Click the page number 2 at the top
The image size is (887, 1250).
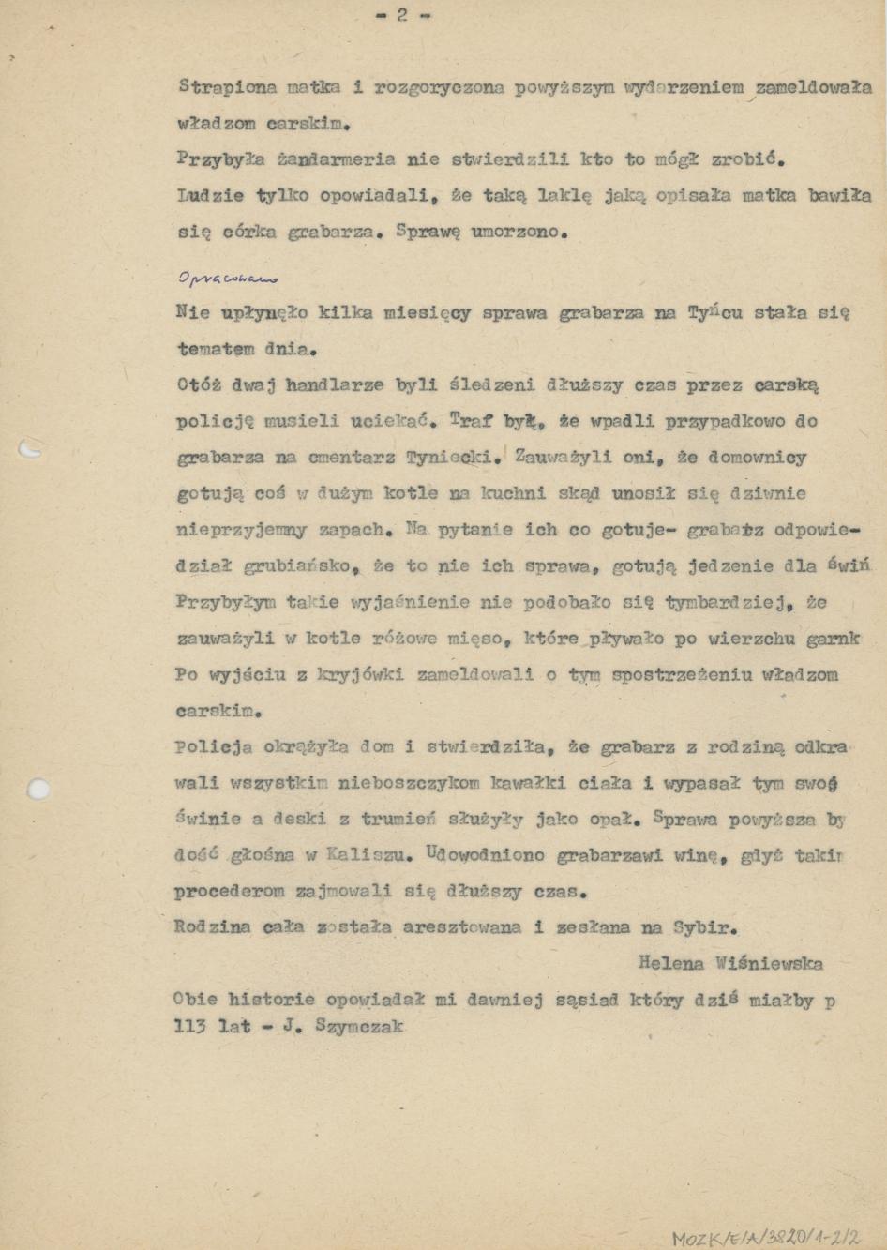402,15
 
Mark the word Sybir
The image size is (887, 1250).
704,928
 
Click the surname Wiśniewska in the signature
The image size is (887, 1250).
769,963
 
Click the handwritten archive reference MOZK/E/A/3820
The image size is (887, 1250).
765,1238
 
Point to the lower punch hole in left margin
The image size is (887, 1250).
37,789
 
